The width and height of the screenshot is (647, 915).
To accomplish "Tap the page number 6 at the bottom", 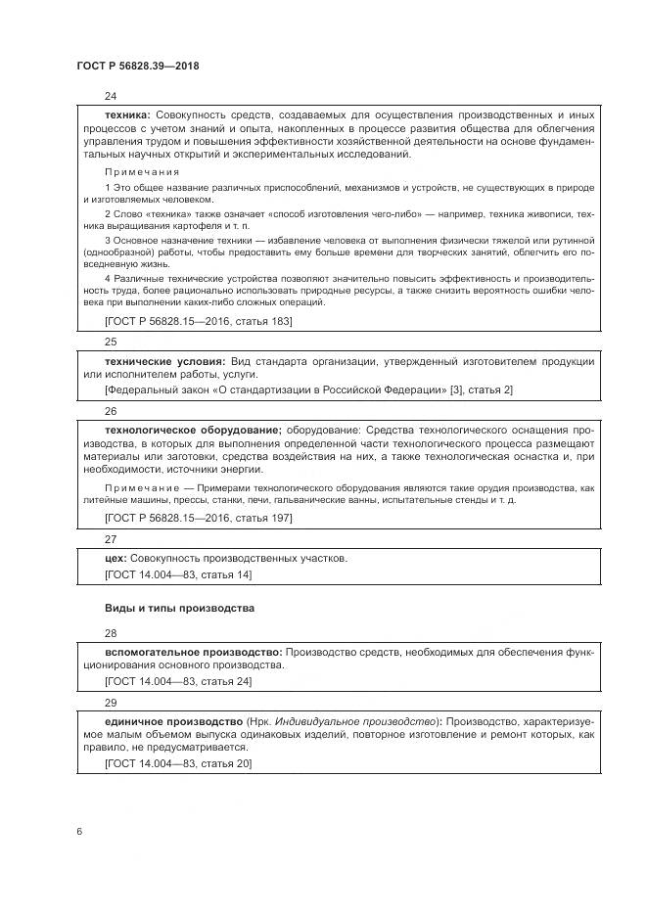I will (78, 831).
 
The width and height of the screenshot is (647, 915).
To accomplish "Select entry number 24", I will (110, 95).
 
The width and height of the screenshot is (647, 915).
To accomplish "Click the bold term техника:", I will (127, 114).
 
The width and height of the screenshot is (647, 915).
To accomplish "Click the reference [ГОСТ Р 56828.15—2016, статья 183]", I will (198, 320).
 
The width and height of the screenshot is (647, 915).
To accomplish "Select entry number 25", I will (110, 342).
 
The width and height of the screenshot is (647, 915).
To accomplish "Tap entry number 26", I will (110, 411).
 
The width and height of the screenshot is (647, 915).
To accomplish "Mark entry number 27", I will (110, 537).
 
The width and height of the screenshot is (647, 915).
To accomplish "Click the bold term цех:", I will (116, 558).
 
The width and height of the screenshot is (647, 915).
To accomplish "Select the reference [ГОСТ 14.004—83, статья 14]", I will (177, 575).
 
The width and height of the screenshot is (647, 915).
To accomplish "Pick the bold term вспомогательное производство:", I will (193, 651).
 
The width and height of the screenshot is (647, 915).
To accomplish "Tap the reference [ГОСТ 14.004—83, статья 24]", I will (177, 681).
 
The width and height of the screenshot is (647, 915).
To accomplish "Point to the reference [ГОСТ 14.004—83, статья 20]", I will (177, 763).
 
